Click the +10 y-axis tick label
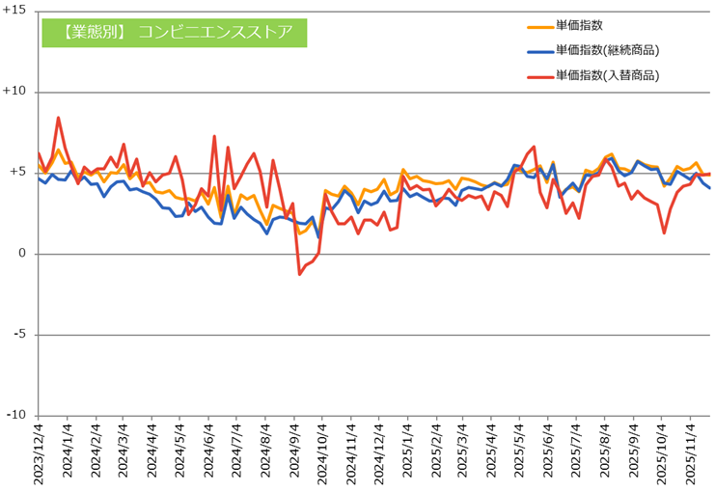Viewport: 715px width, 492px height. (14, 92)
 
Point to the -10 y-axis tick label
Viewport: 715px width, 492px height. (15, 415)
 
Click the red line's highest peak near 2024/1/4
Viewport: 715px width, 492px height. (59, 118)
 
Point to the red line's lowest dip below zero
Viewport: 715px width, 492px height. (299, 274)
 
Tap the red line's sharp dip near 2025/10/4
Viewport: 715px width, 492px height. (665, 232)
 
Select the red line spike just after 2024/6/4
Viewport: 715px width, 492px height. (214, 136)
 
